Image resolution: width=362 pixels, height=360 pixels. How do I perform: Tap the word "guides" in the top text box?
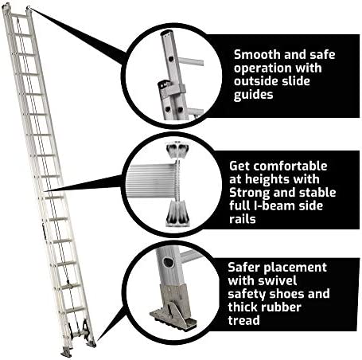click(253, 95)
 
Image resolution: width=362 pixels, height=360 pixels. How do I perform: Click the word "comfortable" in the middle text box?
click(290, 166)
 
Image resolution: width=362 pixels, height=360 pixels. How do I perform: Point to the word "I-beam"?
click(274, 205)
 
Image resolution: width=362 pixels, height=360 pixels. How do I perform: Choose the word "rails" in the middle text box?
click(243, 219)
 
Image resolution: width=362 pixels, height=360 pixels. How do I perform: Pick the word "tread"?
click(243, 320)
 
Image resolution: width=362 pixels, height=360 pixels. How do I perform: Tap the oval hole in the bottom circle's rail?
click(169, 263)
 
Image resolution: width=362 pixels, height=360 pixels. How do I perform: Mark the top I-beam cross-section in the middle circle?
click(177, 151)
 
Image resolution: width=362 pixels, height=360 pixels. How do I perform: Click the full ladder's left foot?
click(66, 352)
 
